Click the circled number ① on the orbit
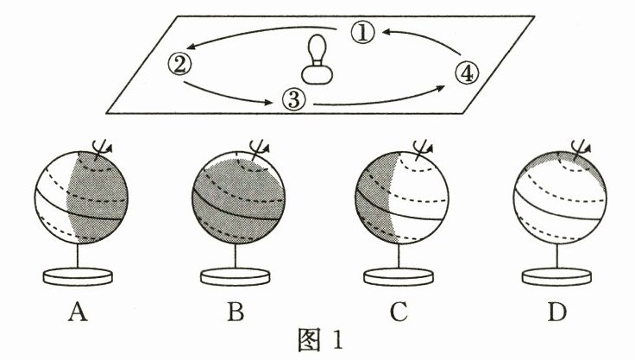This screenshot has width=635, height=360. click(x=365, y=33)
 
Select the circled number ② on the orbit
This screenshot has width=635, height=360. click(x=178, y=63)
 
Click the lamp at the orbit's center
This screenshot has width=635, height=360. click(x=319, y=60)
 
